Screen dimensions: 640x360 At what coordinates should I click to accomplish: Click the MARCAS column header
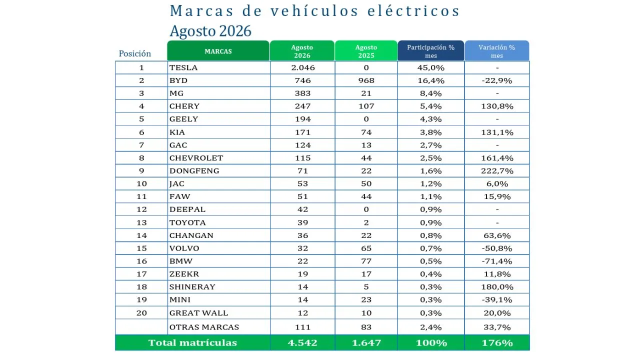tap(218, 51)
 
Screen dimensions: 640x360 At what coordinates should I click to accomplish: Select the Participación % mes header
tap(430, 51)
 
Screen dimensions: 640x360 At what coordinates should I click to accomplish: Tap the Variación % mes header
tap(497, 51)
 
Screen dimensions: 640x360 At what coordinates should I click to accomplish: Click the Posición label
tap(135, 53)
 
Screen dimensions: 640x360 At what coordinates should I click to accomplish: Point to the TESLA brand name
tap(183, 67)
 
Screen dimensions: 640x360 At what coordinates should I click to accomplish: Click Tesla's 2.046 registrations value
tap(303, 67)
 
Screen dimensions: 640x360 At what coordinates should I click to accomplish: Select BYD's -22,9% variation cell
tap(497, 80)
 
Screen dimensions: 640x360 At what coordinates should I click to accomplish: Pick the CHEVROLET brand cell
tap(219, 157)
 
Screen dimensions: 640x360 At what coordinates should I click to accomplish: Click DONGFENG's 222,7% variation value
tap(497, 171)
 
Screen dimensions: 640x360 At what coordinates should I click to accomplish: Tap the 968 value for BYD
tap(366, 80)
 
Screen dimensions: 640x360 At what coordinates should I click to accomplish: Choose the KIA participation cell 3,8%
tap(431, 132)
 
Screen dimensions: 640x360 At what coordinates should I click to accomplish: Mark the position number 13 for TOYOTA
tap(141, 222)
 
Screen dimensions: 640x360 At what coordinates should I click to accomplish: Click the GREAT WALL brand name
tap(199, 313)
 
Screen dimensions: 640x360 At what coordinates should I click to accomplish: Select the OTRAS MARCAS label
tap(204, 327)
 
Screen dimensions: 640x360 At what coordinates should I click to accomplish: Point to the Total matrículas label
tap(192, 342)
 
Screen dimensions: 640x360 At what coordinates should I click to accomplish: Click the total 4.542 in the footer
tap(302, 342)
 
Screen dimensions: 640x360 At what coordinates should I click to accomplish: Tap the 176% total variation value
tap(497, 342)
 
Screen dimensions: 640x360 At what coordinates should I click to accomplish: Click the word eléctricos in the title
tap(413, 11)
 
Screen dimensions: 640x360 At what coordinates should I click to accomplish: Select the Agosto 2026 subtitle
tap(210, 31)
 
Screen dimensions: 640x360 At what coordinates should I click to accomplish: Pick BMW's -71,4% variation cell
tap(497, 261)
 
